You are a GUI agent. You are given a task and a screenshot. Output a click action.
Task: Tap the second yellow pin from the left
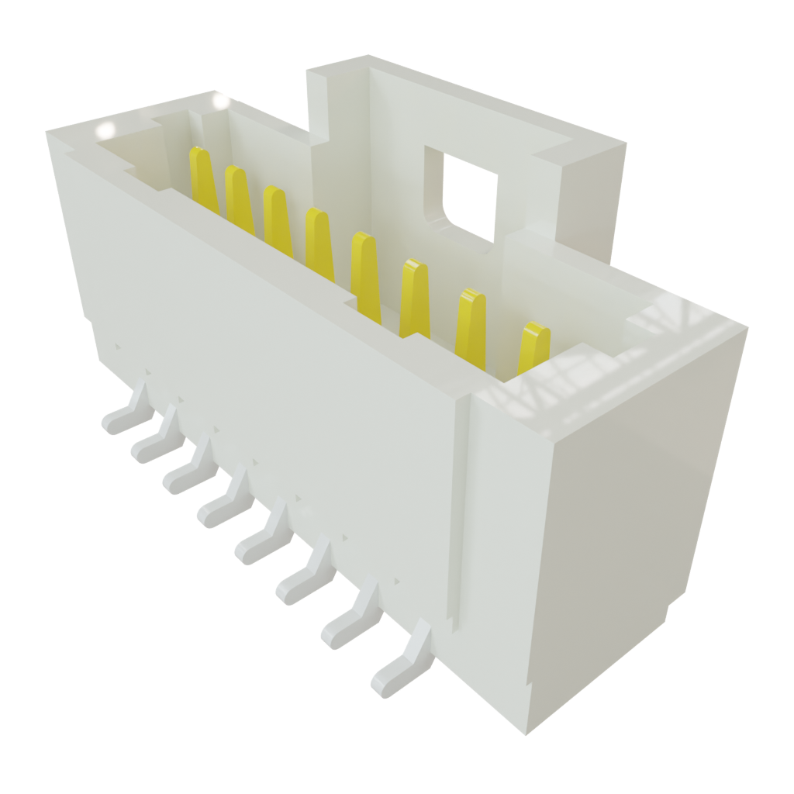coord(238,198)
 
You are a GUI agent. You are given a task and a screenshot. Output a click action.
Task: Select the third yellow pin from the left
coord(278,219)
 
